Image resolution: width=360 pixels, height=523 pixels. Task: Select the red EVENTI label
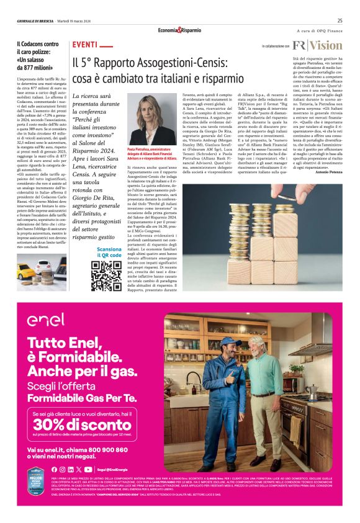(x=84, y=46)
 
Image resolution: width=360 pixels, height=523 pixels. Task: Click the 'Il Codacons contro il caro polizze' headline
(x=38, y=56)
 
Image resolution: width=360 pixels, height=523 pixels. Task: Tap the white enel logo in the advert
(x=47, y=320)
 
